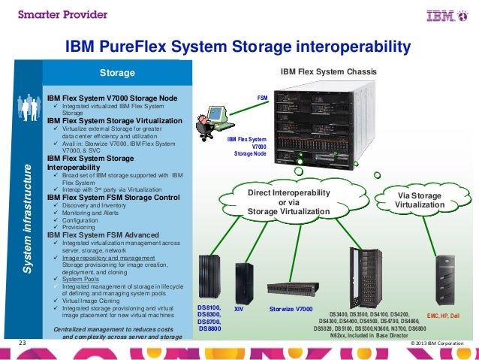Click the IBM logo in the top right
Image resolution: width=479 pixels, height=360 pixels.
[444, 15]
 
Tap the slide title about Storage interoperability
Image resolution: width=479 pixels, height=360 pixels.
[239, 49]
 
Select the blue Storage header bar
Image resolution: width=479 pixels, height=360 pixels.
[118, 73]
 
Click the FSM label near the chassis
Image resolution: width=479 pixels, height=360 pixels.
[262, 98]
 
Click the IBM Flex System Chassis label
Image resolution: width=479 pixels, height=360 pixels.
[329, 72]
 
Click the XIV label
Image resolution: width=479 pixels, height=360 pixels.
[239, 309]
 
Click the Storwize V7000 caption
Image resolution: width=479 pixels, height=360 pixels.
[291, 309]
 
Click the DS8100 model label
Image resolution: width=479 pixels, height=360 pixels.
[209, 308]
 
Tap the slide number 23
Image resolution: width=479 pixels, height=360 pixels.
[22, 344]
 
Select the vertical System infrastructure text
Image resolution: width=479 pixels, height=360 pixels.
[27, 207]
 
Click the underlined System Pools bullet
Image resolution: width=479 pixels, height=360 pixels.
[79, 277]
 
